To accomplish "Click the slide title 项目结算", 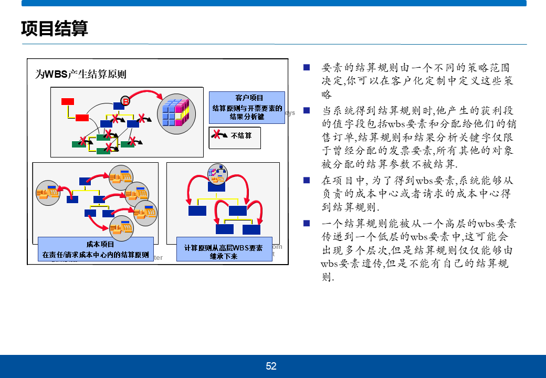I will (55, 28).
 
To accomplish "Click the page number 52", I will (271, 366).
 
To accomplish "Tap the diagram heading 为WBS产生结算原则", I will (81, 74).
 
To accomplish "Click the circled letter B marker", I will (125, 100).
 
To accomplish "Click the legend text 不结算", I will (241, 135).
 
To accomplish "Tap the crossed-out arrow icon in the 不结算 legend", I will (218, 135).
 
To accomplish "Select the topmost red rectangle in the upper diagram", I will (68, 101).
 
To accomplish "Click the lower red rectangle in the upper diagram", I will (82, 118).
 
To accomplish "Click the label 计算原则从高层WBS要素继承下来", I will (223, 251).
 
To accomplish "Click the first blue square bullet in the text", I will (307, 67).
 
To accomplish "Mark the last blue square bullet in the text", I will (307, 224).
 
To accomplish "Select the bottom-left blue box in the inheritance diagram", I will (197, 211).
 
